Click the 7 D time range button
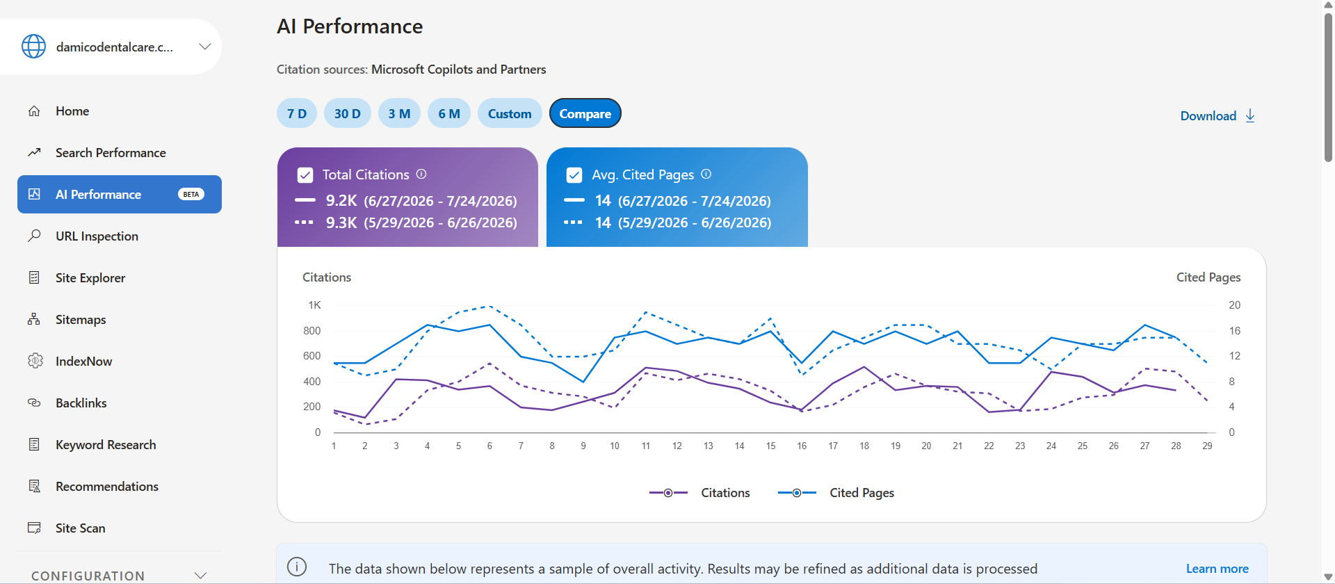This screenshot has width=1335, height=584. pyautogui.click(x=297, y=113)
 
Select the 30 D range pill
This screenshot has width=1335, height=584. pyautogui.click(x=348, y=113)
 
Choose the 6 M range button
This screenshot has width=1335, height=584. pyautogui.click(x=449, y=113)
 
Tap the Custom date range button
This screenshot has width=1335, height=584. pyautogui.click(x=510, y=113)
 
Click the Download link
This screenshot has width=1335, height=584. pyautogui.click(x=1217, y=115)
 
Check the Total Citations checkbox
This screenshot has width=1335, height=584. pyautogui.click(x=305, y=175)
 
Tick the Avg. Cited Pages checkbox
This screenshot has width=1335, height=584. pyautogui.click(x=574, y=175)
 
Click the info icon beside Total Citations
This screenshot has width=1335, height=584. pyautogui.click(x=421, y=174)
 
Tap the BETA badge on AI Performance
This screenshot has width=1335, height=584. pyautogui.click(x=191, y=194)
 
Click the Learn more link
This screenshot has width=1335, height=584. pyautogui.click(x=1217, y=569)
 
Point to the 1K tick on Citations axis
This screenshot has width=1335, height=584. pyautogui.click(x=314, y=305)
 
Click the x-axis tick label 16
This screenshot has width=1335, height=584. pyautogui.click(x=802, y=446)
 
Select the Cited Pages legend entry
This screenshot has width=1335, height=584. pyautogui.click(x=836, y=492)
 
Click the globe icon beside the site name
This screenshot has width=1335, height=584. pyautogui.click(x=33, y=47)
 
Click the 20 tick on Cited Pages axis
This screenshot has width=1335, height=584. pyautogui.click(x=1234, y=305)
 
